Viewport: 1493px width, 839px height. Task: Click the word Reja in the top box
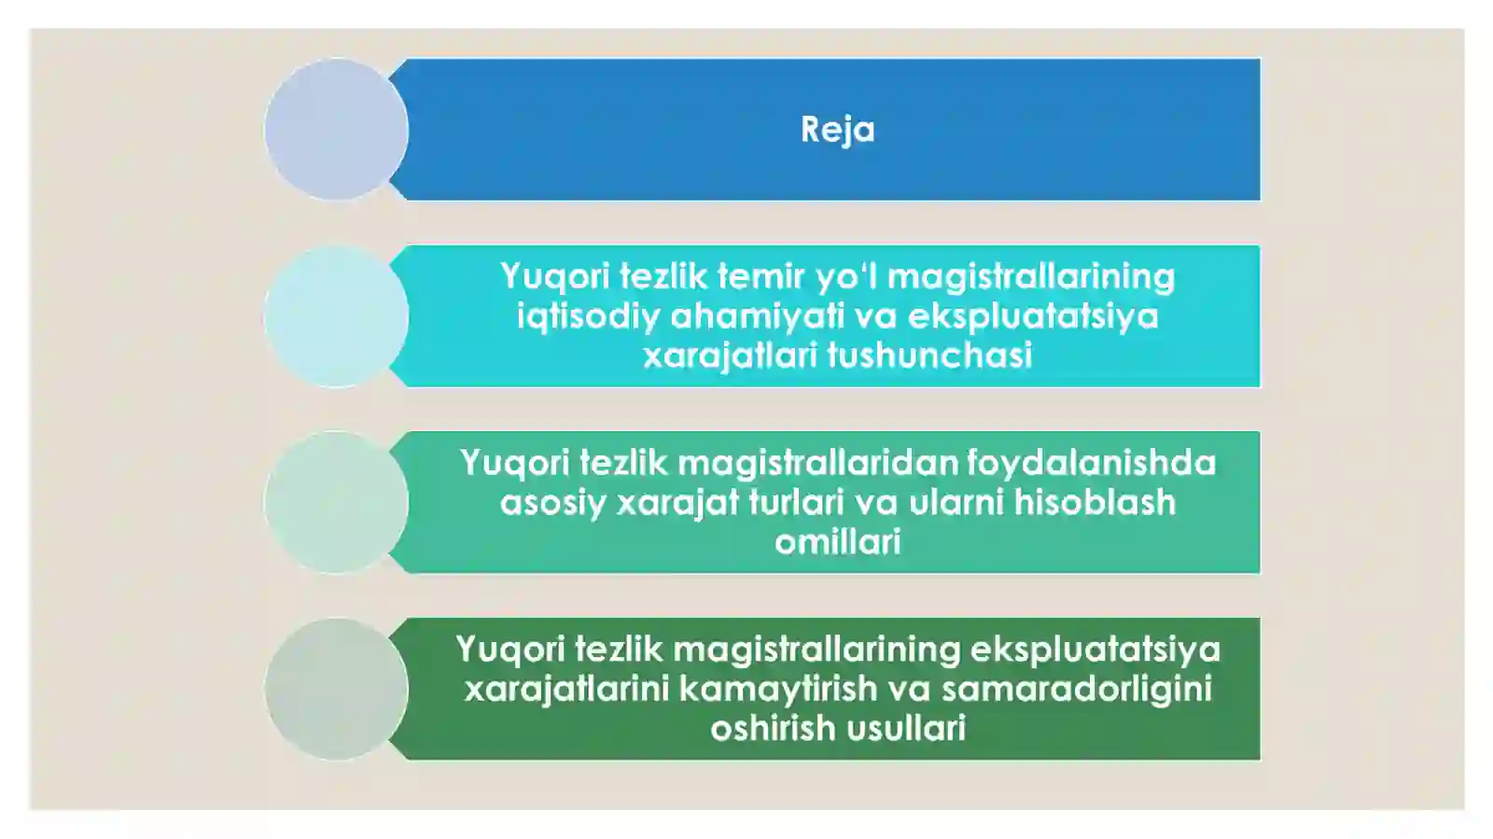837,130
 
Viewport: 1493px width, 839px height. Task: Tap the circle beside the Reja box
336,130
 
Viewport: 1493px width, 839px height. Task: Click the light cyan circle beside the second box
336,316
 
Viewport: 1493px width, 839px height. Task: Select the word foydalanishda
1091,463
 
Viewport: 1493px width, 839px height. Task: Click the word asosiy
552,502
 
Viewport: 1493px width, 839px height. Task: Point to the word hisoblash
1095,502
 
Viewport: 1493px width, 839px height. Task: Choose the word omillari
837,541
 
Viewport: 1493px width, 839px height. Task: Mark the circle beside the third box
336,502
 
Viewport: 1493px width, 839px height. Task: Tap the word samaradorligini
1076,689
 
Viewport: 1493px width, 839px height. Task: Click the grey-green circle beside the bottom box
336,689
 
